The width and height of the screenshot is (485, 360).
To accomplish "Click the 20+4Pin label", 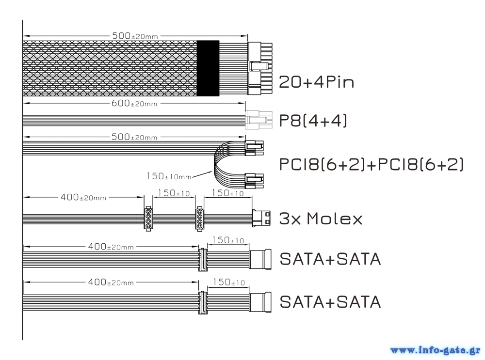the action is [x=316, y=82].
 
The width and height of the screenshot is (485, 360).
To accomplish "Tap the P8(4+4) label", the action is [x=313, y=121].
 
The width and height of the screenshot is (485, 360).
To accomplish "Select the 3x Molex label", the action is [x=321, y=219].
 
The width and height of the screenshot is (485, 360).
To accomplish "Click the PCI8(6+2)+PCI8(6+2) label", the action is [x=371, y=164].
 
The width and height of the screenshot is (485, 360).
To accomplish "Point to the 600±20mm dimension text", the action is [x=134, y=104].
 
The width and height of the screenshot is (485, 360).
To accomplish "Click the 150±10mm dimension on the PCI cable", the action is [x=169, y=176].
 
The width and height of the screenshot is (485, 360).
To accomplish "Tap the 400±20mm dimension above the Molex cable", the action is [x=83, y=198].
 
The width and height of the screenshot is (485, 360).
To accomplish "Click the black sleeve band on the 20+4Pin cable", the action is [x=208, y=68].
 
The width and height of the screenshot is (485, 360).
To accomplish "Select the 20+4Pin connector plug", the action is [x=260, y=69].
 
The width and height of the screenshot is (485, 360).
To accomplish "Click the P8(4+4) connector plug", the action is [x=259, y=120].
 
